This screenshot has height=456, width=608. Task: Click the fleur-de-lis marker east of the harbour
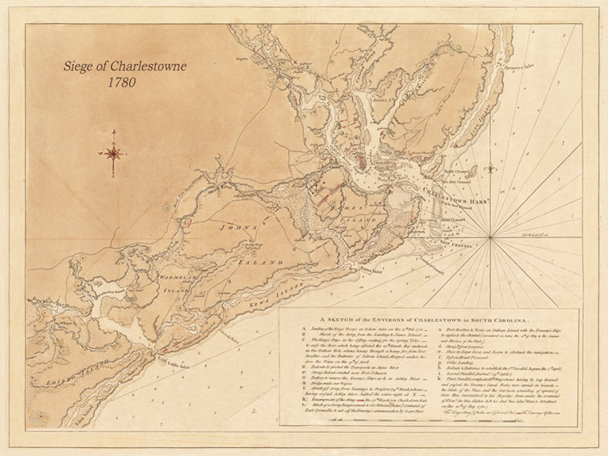pyautogui.click(x=491, y=167)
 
